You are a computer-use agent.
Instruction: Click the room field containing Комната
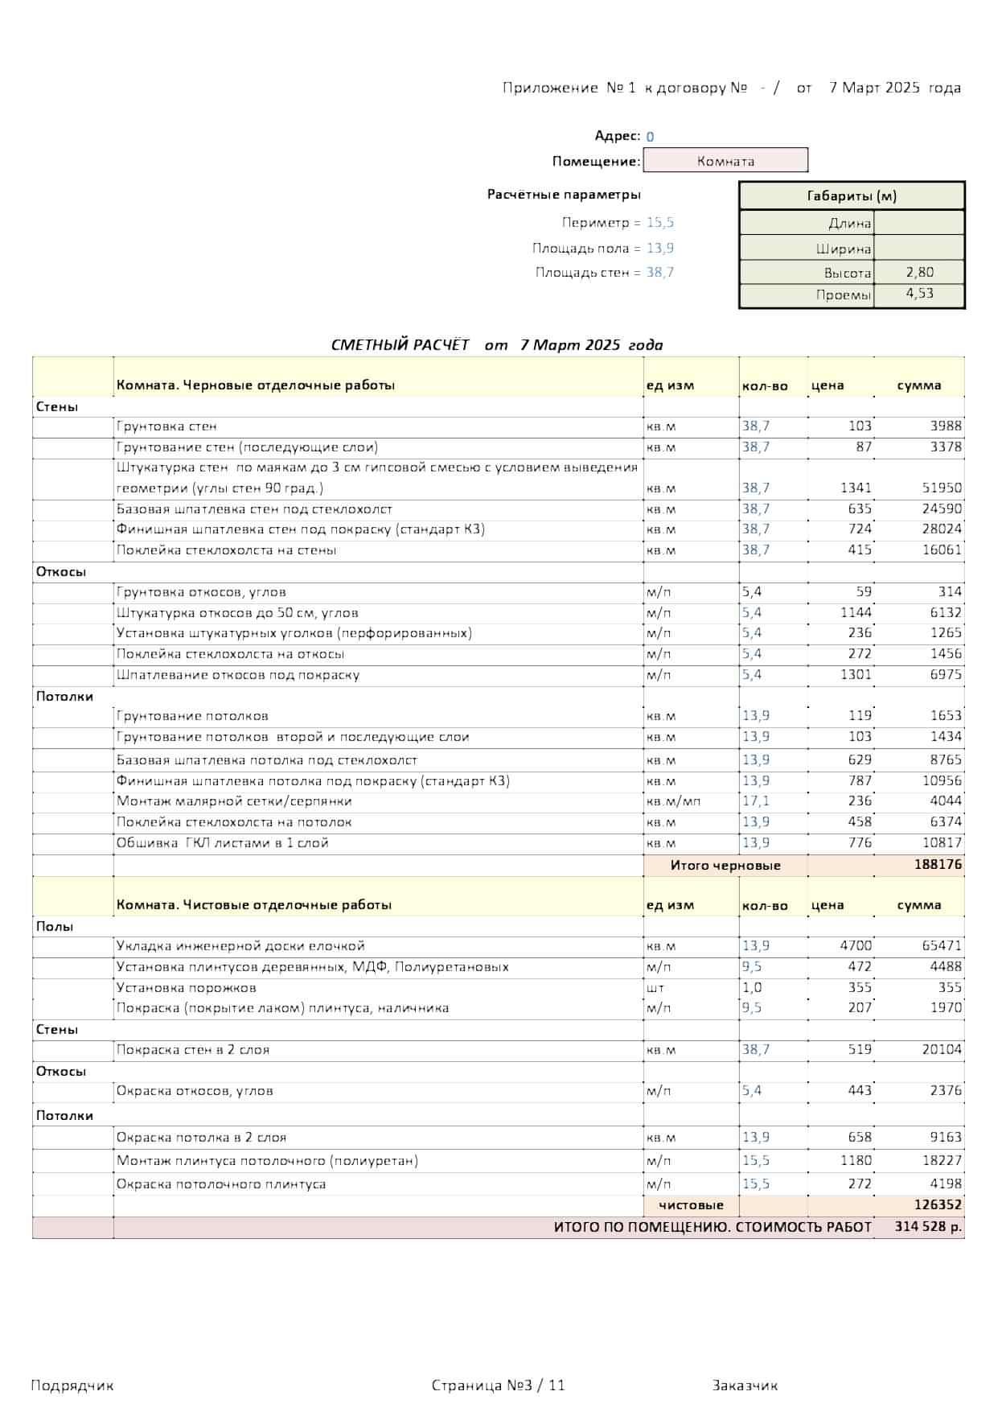pos(725,161)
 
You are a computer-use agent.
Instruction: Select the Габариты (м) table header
pos(852,196)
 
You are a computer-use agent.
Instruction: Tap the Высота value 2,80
pos(919,272)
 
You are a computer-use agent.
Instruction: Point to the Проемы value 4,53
pos(919,294)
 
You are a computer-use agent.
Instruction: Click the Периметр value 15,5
pos(660,223)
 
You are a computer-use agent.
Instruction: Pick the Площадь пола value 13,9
pos(660,248)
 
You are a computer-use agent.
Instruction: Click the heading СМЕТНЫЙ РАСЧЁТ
pos(400,345)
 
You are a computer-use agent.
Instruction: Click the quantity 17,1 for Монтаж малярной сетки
pos(756,801)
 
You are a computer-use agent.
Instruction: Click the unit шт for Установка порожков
pos(655,987)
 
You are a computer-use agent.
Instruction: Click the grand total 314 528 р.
pos(928,1227)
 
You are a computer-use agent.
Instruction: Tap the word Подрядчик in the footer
pos(72,1385)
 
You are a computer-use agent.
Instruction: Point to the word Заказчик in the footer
pos(745,1385)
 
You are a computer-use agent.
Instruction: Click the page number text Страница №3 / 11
pos(498,1385)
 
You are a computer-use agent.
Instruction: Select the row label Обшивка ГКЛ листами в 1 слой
pos(223,843)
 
